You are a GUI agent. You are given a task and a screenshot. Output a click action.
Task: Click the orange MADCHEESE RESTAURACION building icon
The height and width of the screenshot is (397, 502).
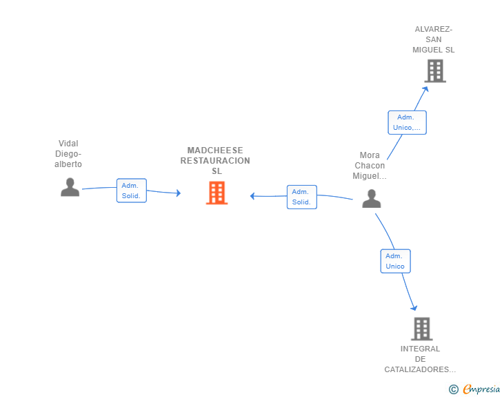tap(217, 193)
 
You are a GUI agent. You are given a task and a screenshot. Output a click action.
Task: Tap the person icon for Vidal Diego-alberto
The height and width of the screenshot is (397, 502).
tap(70, 187)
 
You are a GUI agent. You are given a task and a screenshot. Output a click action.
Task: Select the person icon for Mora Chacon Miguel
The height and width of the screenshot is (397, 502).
tap(371, 199)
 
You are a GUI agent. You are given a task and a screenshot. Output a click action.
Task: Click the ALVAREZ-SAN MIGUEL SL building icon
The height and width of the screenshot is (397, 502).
tap(434, 70)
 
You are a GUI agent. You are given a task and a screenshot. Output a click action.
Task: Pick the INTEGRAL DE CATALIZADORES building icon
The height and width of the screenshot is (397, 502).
tap(421, 329)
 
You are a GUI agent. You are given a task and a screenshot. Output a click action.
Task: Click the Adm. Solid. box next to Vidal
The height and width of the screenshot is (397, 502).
tap(131, 191)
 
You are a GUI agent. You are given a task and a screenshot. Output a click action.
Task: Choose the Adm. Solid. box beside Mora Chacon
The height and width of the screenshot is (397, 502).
tap(301, 197)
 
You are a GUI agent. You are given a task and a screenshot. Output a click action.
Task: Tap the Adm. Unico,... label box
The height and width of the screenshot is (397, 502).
tap(407, 122)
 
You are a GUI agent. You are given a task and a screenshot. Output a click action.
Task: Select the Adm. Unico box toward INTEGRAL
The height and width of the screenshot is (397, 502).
tap(395, 261)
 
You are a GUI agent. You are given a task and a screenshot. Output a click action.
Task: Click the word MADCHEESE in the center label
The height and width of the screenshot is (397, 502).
tap(215, 151)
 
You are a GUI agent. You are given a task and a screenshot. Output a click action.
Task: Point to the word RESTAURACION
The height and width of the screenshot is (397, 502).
tap(215, 161)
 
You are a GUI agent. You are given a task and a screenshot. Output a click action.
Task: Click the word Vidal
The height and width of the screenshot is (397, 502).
tap(68, 144)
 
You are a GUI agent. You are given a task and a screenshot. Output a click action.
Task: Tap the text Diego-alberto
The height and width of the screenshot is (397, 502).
tap(68, 159)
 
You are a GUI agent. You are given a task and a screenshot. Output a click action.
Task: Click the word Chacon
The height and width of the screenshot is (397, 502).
tap(370, 166)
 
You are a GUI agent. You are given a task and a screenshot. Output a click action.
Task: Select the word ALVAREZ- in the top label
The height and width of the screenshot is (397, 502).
tap(434, 29)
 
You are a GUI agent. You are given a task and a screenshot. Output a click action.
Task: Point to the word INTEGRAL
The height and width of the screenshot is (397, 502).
tap(420, 349)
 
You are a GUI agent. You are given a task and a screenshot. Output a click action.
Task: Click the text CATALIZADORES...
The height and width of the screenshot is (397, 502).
tap(419, 369)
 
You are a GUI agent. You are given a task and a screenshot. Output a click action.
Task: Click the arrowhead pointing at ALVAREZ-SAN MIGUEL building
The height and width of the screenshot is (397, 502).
tap(425, 88)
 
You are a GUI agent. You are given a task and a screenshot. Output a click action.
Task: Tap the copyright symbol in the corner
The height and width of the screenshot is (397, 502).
tap(453, 389)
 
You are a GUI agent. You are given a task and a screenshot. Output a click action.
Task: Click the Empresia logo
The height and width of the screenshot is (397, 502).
tap(481, 389)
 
